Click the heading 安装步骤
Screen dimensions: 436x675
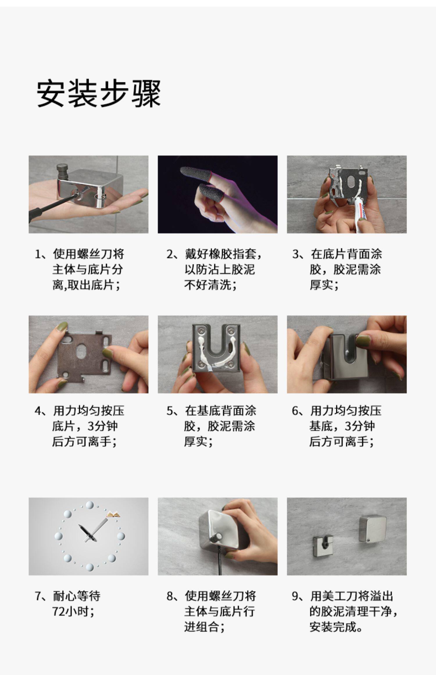click(99, 94)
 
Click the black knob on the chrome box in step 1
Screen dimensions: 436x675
click(62, 172)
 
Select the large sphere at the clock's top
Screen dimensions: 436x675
click(90, 505)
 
